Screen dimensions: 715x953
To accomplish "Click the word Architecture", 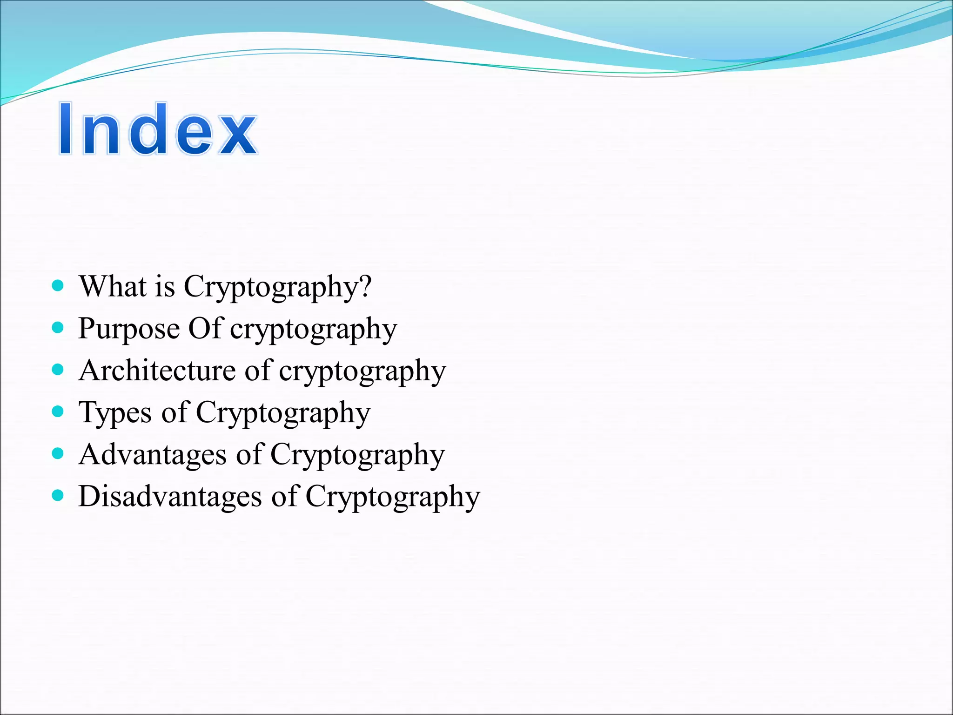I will coord(157,371).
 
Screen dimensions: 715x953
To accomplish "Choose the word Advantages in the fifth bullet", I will coord(153,455).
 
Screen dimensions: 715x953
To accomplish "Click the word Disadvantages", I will coord(170,496).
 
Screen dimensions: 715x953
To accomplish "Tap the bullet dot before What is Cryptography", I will coord(58,285).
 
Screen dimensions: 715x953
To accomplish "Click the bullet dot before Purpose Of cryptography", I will coord(58,328).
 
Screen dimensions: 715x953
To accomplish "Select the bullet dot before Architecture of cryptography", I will coord(58,370).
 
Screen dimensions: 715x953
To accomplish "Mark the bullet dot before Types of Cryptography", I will coord(58,411).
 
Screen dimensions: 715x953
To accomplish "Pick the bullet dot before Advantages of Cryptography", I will coord(58,453).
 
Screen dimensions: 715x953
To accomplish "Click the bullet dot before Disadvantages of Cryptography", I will coord(58,495).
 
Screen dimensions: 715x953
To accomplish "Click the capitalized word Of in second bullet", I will coord(204,328).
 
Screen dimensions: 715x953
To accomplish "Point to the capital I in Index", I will coord(66,129).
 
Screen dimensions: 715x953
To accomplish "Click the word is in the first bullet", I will coord(165,286).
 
